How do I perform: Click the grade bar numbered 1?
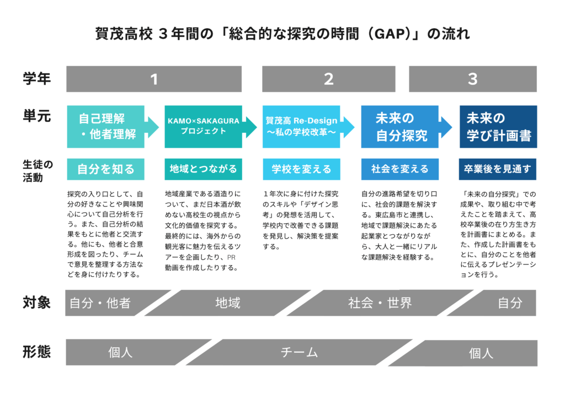tap(154, 79)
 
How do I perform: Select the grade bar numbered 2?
tap(329, 79)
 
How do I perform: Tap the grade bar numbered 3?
tap(473, 79)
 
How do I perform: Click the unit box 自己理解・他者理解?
tap(106, 127)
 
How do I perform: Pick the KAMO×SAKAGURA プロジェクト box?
tap(203, 127)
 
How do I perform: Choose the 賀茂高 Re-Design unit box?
tap(301, 127)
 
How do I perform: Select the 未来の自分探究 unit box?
tap(400, 127)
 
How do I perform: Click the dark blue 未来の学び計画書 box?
tap(498, 127)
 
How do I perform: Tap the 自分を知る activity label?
tap(105, 169)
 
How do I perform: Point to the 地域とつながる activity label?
tap(203, 169)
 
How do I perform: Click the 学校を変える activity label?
tap(301, 169)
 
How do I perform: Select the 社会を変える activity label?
tap(400, 169)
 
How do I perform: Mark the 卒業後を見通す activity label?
tap(498, 169)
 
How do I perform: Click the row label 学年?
tap(37, 78)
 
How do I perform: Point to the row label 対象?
tap(37, 303)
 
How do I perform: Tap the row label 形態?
tap(37, 352)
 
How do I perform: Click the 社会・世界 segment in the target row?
tap(380, 303)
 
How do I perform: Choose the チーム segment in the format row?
tap(299, 352)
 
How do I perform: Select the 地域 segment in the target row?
tap(228, 303)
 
